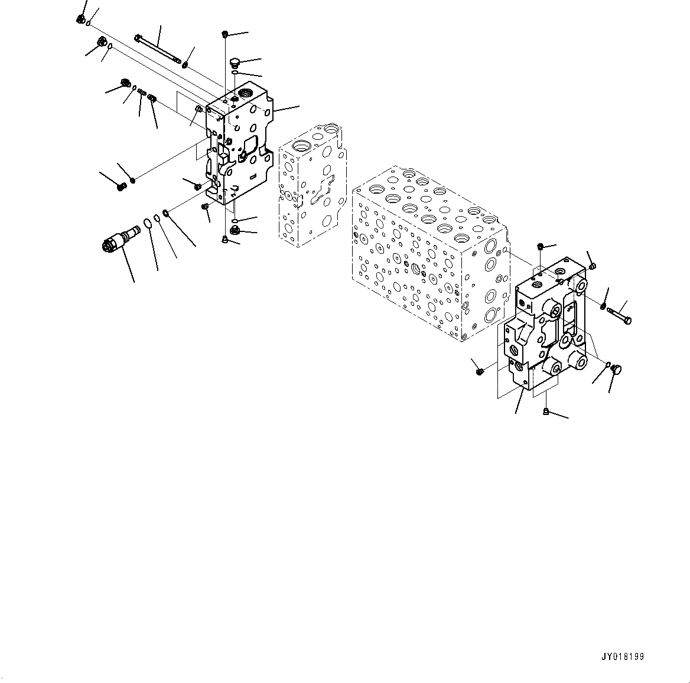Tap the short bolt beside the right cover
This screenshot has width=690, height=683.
[x=619, y=314]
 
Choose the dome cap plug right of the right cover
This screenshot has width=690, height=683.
[x=616, y=370]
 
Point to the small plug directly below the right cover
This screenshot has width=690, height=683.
[x=546, y=411]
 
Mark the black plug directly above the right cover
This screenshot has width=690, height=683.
[x=541, y=246]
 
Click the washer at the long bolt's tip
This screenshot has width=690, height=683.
[x=185, y=64]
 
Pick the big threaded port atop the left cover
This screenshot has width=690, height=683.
[x=245, y=93]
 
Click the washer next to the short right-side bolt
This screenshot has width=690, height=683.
[x=603, y=306]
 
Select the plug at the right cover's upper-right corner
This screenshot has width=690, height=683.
[x=593, y=265]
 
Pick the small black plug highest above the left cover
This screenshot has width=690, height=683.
[x=225, y=34]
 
